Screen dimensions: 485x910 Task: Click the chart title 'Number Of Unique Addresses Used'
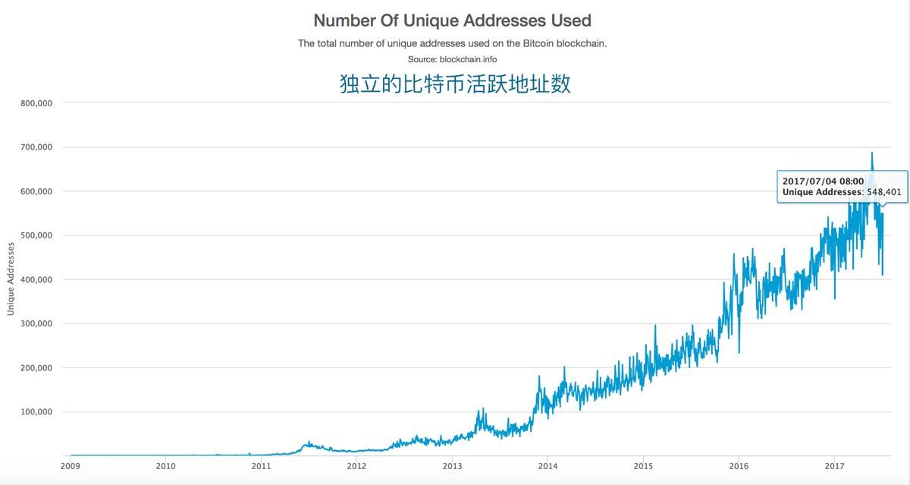pos(452,20)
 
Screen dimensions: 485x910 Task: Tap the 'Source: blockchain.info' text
pos(452,58)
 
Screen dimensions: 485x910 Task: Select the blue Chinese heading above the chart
pos(455,83)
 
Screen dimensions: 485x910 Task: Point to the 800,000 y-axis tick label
pos(36,103)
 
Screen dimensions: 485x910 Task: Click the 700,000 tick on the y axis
pos(36,147)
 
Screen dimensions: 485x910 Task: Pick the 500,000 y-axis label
pos(36,235)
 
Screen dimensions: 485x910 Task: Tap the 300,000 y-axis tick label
pos(36,324)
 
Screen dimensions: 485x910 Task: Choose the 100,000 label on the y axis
pos(36,412)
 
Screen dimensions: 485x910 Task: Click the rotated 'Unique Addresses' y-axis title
pos(11,279)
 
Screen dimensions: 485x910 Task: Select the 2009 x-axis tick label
pos(70,466)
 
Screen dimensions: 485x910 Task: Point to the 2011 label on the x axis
pos(261,466)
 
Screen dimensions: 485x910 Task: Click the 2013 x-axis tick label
pos(452,466)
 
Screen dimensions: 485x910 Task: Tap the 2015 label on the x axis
pos(643,466)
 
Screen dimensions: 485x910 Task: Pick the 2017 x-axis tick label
pos(834,466)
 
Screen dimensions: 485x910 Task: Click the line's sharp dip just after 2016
pos(739,351)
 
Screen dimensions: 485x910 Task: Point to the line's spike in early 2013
pos(479,411)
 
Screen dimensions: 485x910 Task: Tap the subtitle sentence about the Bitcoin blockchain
pos(452,43)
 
